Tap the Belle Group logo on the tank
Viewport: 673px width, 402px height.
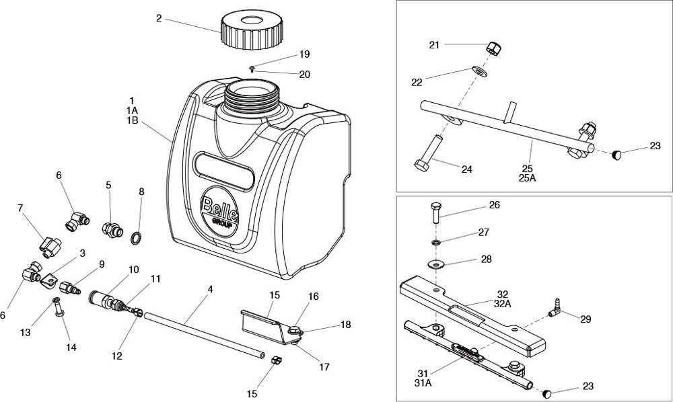click(220, 209)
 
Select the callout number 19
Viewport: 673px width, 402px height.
click(304, 54)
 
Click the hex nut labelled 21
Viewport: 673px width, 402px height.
click(494, 48)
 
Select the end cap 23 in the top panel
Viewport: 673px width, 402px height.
click(617, 156)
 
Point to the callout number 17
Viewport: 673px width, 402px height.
click(324, 367)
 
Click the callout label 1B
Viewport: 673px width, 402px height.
click(131, 120)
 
